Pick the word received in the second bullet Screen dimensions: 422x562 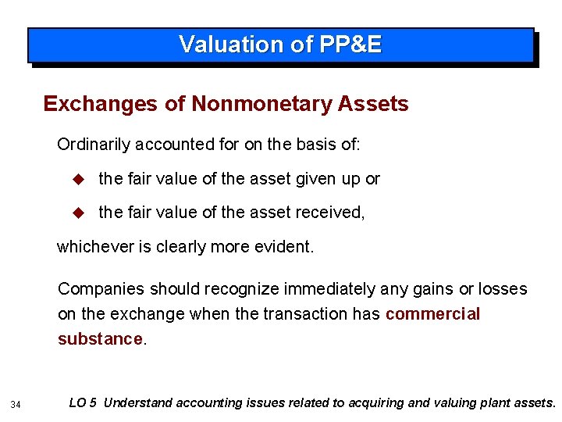pyautogui.click(x=332, y=212)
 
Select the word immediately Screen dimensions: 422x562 pyautogui.click(x=322, y=289)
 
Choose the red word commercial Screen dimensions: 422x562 pyautogui.click(x=432, y=314)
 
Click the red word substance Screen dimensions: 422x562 pyautogui.click(x=100, y=339)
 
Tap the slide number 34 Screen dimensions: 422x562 pyautogui.click(x=16, y=404)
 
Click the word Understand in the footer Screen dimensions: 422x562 pyautogui.click(x=138, y=403)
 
